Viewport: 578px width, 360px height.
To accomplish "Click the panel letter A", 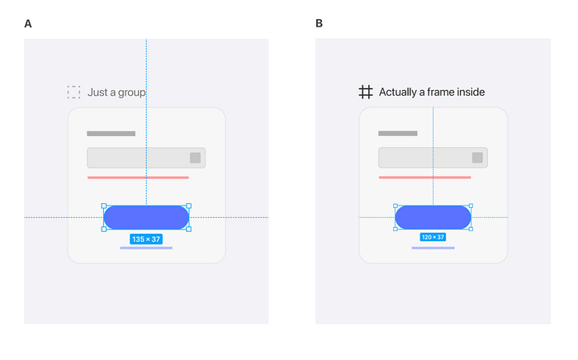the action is coord(28,24).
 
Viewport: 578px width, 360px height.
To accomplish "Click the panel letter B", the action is coord(320,24).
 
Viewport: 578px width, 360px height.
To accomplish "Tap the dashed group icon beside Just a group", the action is coord(73,92).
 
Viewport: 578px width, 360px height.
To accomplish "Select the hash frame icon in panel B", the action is coord(366,92).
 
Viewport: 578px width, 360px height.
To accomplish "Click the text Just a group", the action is coord(116,92).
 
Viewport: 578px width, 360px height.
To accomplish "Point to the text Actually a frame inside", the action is coord(432,92).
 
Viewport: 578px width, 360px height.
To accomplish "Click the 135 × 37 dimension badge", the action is coord(146,239).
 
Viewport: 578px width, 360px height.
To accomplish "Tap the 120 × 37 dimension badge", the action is coord(433,237).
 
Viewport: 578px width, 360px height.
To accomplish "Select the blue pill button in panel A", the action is coord(146,217).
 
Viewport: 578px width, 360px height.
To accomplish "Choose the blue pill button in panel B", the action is coord(433,217).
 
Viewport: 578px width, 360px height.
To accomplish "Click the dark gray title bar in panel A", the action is coord(111,134).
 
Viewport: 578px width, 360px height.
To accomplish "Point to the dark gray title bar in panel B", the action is coord(398,134).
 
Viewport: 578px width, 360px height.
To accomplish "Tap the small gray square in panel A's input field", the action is coord(196,158).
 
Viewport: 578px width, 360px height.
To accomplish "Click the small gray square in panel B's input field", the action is coord(477,158).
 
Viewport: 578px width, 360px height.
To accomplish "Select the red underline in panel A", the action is coord(138,178).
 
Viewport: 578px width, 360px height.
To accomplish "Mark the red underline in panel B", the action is coord(424,178).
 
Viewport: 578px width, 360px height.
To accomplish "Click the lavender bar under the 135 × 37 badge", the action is coord(146,248).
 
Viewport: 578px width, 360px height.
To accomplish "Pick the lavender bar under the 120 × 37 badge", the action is coord(433,248).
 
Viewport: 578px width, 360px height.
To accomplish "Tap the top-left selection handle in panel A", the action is coord(104,206).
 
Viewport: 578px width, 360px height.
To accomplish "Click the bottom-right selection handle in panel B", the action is coord(471,229).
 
